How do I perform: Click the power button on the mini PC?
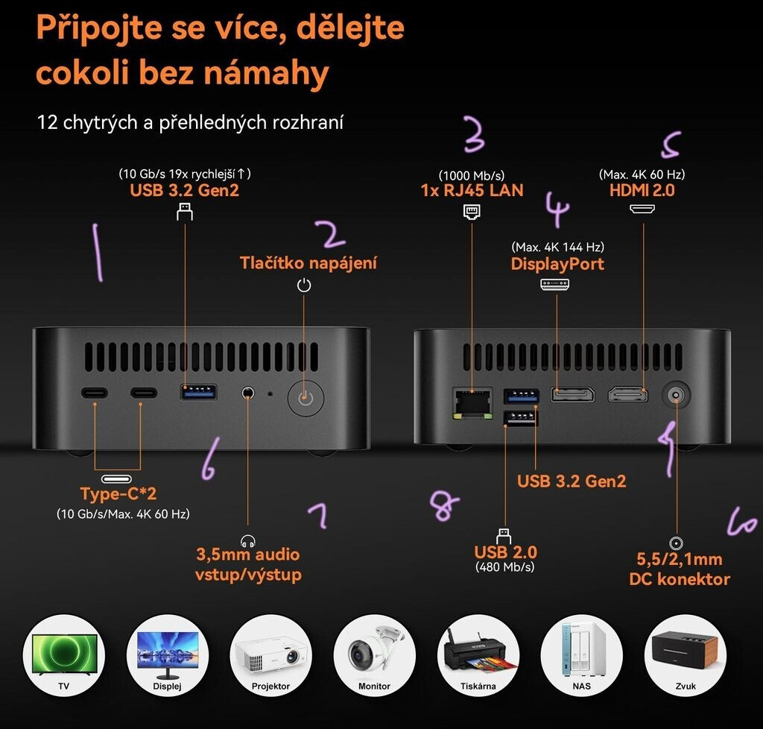tap(305, 398)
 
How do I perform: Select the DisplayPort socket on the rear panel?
tap(572, 394)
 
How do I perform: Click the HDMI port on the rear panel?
tap(628, 394)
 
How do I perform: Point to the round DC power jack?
tap(676, 394)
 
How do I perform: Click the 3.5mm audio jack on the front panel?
tap(248, 392)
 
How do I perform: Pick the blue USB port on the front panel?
tap(198, 392)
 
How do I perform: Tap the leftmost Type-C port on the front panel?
tap(95, 392)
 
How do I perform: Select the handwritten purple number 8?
tap(444, 505)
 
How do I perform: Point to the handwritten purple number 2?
tap(331, 234)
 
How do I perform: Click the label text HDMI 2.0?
tap(642, 190)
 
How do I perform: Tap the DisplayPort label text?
tap(557, 264)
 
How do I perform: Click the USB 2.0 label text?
tap(506, 552)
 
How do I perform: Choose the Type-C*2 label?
tap(118, 493)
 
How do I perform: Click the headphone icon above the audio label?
tap(248, 540)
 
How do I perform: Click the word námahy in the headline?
tap(266, 73)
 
